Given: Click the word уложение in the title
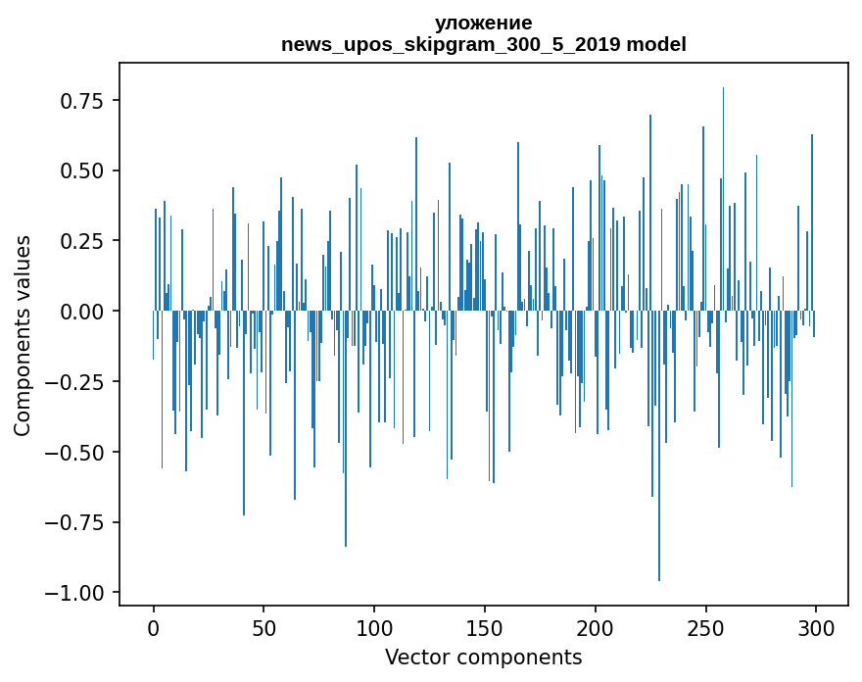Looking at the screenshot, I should click(x=483, y=24).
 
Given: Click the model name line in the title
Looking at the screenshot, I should click(x=483, y=44).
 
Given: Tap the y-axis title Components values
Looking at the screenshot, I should click(x=22, y=335).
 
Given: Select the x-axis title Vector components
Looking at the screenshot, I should click(x=483, y=658).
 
